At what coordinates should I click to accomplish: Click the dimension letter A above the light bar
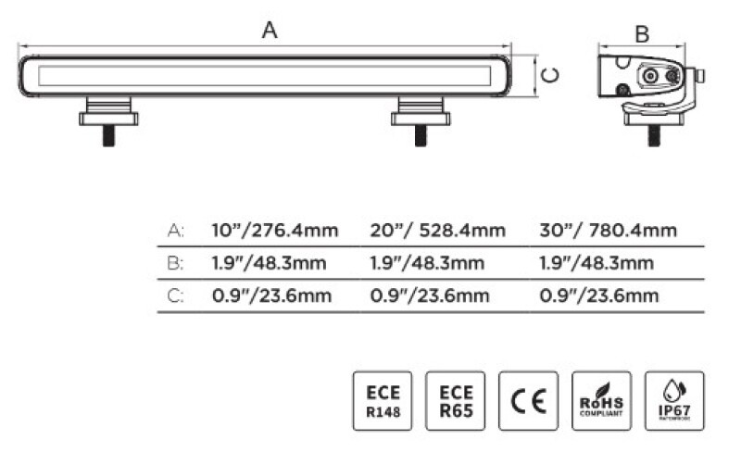pyautogui.click(x=270, y=30)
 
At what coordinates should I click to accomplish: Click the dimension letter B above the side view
pyautogui.click(x=641, y=34)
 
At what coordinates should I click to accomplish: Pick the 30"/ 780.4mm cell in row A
pyautogui.click(x=608, y=231)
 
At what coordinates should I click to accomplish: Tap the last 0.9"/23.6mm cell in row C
pyautogui.click(x=598, y=295)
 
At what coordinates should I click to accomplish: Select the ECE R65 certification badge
pyautogui.click(x=454, y=401)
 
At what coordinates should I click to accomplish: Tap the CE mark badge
pyautogui.click(x=528, y=401)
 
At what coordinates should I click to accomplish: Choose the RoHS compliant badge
pyautogui.click(x=601, y=401)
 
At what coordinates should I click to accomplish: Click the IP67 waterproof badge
pyautogui.click(x=674, y=401)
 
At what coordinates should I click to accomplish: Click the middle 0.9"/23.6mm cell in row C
pyautogui.click(x=429, y=295)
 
